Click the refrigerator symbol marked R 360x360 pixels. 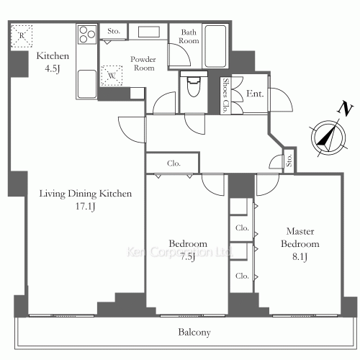pos(22,36)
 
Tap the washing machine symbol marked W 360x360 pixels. pos(112,76)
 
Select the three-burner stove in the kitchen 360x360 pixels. pos(87,35)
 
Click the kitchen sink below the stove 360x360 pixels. pos(87,84)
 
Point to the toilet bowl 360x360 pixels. pos(194,86)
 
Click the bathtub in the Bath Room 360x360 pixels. pos(215,46)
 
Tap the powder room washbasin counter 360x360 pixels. pos(148,32)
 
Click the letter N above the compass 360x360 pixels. pos(345,109)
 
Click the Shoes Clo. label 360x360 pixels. pos(225,95)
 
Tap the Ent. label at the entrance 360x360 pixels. pos(255,94)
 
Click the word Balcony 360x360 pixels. pos(194,332)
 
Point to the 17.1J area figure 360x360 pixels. pos(85,206)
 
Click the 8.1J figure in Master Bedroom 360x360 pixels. pos(300,257)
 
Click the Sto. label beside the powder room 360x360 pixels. pos(114,31)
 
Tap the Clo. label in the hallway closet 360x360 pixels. pos(174,163)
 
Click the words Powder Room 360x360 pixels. pos(143,63)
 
